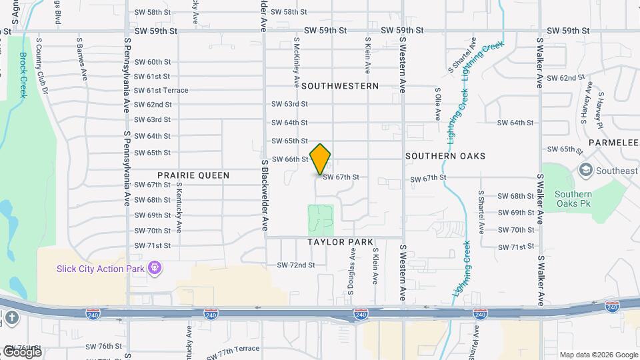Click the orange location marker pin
pos(321,159)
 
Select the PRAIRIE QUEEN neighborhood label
pos(193,175)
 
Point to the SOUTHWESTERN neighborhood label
pos(340,86)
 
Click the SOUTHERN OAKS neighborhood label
pos(445,156)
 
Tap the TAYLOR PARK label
pos(341,242)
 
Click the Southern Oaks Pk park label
pos(573,199)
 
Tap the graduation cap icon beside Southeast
pos(585,171)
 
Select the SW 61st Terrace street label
pos(161,91)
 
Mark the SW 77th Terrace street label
pos(233,349)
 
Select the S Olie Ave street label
pos(438,103)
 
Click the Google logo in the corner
pos(22,352)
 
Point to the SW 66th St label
pos(290,159)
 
